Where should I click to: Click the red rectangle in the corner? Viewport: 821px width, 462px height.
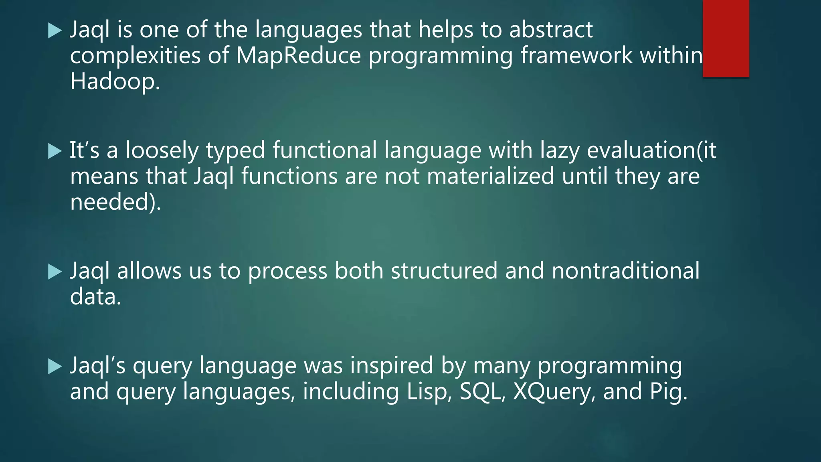point(726,38)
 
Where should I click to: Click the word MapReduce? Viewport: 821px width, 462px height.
point(298,55)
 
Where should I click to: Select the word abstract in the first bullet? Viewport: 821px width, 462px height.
point(551,30)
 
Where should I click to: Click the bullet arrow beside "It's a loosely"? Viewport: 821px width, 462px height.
point(55,152)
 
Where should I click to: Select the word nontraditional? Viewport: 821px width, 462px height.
point(625,271)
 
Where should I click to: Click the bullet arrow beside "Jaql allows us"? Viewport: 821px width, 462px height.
point(55,272)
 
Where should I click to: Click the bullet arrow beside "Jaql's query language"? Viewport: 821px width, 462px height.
point(55,367)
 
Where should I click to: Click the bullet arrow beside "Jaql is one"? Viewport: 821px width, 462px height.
point(55,30)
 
